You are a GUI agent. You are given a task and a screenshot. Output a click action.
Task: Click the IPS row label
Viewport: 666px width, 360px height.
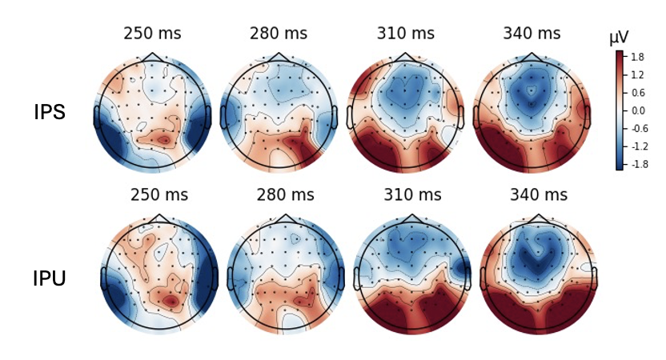tap(50, 112)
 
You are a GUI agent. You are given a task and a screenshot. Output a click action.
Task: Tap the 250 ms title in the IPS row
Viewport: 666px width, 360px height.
tap(152, 34)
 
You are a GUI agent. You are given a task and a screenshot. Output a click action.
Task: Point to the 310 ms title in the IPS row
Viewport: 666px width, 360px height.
tap(406, 34)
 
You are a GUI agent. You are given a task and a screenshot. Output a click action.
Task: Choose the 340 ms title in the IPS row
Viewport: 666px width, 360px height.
tap(532, 34)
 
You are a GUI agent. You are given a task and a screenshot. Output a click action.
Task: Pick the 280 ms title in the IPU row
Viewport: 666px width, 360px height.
tap(285, 194)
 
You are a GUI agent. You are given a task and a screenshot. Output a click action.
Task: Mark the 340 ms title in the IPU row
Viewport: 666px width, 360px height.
tap(539, 194)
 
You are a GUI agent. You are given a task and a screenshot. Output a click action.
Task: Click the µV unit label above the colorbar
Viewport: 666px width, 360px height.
tap(618, 38)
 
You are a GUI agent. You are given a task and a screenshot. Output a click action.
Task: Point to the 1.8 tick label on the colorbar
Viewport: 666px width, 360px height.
tap(638, 58)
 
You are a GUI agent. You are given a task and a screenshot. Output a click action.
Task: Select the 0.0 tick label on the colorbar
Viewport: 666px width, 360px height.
tap(638, 110)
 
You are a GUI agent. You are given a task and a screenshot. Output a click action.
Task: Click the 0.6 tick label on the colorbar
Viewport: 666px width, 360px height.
tap(638, 93)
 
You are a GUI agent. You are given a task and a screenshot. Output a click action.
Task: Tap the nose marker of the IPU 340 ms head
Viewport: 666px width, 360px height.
tap(539, 218)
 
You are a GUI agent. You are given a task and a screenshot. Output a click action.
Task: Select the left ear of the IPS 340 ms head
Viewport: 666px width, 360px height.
tap(476, 116)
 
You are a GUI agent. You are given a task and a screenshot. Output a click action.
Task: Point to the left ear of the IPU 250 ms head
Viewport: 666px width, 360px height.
tap(104, 278)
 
